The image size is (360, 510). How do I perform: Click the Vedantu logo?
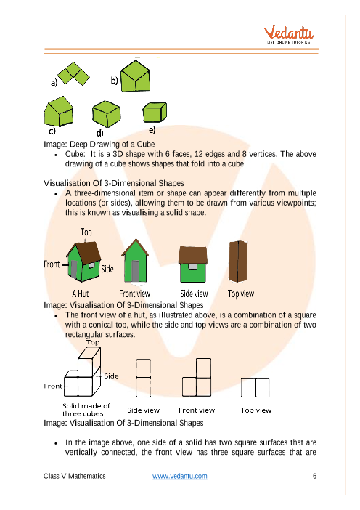[x=288, y=34]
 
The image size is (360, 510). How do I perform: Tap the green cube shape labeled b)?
[x=135, y=76]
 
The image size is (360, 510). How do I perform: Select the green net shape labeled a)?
[x=74, y=74]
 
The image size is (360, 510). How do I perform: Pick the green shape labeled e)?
[x=155, y=112]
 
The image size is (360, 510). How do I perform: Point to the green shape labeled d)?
[x=106, y=114]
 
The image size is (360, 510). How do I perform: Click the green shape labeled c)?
[x=59, y=111]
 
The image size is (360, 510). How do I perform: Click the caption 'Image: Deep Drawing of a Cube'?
[x=99, y=144]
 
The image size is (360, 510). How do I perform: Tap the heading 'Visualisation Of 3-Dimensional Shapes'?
[x=114, y=183]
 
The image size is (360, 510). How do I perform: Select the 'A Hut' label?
[x=81, y=294]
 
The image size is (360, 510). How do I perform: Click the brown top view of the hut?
[x=238, y=262]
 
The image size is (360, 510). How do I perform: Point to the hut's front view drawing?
[x=135, y=261]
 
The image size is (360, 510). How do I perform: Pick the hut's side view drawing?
[x=193, y=264]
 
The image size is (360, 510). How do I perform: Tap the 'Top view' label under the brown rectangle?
[x=241, y=294]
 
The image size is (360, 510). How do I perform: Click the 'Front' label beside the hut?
[x=52, y=264]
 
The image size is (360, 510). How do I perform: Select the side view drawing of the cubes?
[x=143, y=378]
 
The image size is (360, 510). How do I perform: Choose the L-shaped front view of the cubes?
[x=197, y=377]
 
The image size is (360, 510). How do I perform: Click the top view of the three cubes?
[x=255, y=387]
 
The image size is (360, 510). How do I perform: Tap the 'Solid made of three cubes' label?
[x=86, y=410]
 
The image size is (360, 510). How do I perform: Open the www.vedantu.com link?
[x=180, y=476]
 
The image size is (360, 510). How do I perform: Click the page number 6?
[x=314, y=476]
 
